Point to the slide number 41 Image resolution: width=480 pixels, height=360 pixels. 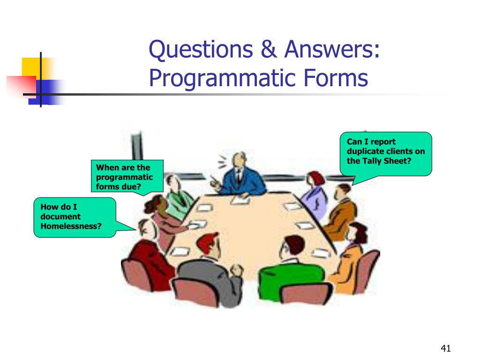coord(445,348)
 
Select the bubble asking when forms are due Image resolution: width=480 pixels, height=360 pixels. coord(127,176)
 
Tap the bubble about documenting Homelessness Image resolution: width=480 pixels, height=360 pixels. coord(75,217)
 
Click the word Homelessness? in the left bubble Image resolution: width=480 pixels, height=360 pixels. coord(71,226)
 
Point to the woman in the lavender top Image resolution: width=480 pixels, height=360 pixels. coord(311,195)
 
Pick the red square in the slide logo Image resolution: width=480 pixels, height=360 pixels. coord(21,85)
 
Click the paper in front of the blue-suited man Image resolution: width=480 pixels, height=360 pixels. coord(240,199)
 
